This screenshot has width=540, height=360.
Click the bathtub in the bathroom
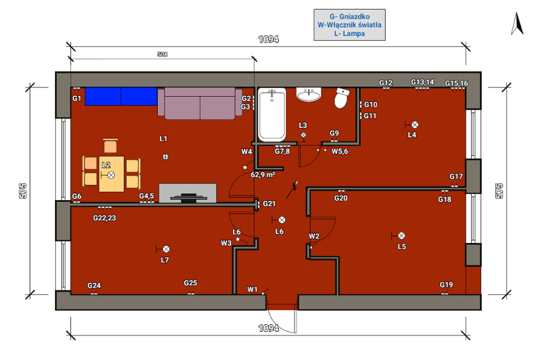pos(272,114)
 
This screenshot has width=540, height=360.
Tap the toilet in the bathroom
pos(341,98)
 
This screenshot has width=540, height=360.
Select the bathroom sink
pos(309,94)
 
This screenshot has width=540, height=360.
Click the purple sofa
pos(200,103)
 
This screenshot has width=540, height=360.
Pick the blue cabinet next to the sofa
pos(121,97)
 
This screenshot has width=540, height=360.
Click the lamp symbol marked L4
pos(415,125)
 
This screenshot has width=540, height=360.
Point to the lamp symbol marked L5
pos(402,236)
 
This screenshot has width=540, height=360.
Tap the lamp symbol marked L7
pos(166,249)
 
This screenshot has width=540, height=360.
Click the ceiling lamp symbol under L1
pos(166,157)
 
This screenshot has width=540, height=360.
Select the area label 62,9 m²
pos(263,174)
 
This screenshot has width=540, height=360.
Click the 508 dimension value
pos(163,55)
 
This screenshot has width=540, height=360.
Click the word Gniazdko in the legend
pos(354,17)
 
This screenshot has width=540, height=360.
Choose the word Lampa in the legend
pos(354,33)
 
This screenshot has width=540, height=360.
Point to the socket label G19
pos(447,284)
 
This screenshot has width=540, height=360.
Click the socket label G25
pos(191,283)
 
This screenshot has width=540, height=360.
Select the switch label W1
pos(252,289)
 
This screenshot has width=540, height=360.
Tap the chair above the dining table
pos(110,145)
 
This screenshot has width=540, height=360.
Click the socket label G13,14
pos(423,82)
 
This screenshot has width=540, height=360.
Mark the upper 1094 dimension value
pos(268,39)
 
